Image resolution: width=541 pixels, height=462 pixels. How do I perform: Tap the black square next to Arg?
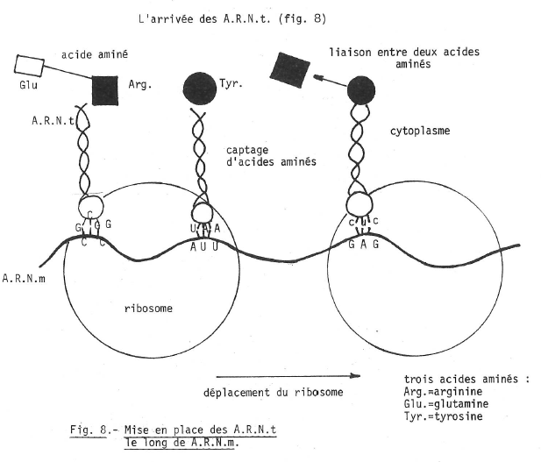(104, 89)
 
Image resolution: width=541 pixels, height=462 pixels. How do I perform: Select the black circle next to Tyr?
(199, 88)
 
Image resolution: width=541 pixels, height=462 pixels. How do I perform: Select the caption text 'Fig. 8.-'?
(89, 430)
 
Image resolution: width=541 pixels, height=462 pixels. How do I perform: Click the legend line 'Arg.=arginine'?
(433, 392)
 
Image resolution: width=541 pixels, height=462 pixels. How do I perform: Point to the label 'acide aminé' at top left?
(95, 54)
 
